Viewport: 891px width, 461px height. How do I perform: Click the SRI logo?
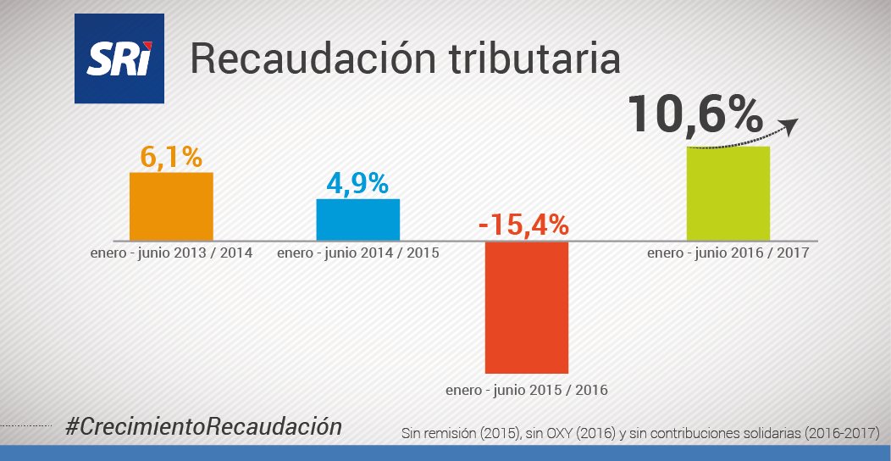coord(119,59)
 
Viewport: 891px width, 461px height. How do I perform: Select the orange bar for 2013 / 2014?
coord(171,206)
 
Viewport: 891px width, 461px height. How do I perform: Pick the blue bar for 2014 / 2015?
coord(357,219)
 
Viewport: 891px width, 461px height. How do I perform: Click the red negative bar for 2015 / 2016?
coord(526,307)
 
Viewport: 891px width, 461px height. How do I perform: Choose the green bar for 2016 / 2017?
coord(728,193)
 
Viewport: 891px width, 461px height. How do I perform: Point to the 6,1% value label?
coord(171,157)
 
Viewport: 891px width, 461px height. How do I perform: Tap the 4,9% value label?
coord(357,184)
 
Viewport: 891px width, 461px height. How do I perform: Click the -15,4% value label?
coord(523,225)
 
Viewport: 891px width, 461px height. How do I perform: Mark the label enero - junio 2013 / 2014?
coord(171,253)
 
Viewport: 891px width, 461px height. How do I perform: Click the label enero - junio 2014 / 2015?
coord(357,253)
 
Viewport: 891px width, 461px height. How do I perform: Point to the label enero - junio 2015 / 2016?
coord(527,391)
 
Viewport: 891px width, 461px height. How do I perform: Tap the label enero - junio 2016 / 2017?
coord(728,253)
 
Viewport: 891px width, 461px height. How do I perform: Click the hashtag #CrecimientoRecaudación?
coord(203,427)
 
